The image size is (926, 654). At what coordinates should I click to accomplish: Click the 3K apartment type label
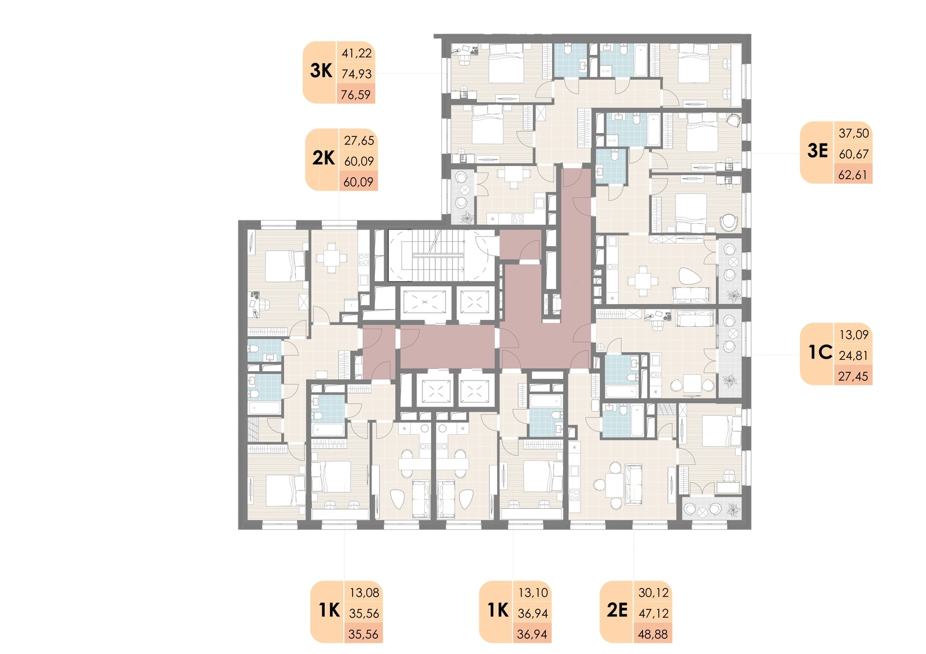pyautogui.click(x=321, y=71)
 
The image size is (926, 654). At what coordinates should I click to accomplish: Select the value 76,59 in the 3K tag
pyautogui.click(x=356, y=95)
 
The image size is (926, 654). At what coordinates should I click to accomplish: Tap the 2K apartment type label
pyautogui.click(x=324, y=158)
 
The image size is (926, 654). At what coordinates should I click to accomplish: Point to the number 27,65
pyautogui.click(x=359, y=141)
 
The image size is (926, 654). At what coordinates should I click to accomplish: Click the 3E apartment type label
pyautogui.click(x=818, y=151)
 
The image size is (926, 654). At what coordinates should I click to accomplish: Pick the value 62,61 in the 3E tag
pyautogui.click(x=853, y=175)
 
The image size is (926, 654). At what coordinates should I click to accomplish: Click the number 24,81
pyautogui.click(x=853, y=355)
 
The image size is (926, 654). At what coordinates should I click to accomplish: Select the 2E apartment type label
pyautogui.click(x=617, y=610)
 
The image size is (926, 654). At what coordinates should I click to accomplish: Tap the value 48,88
pyautogui.click(x=653, y=634)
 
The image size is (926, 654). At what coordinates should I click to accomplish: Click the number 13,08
pyautogui.click(x=364, y=593)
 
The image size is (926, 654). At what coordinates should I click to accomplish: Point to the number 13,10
pyautogui.click(x=533, y=593)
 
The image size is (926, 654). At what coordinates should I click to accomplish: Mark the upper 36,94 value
pyautogui.click(x=533, y=614)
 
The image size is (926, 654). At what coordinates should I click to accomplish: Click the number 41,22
pyautogui.click(x=357, y=53)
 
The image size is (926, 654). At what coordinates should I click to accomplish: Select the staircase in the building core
pyautogui.click(x=440, y=256)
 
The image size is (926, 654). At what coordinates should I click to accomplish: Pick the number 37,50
pyautogui.click(x=854, y=134)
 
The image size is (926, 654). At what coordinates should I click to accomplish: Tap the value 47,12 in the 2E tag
pyautogui.click(x=653, y=614)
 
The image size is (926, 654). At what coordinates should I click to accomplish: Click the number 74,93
pyautogui.click(x=357, y=74)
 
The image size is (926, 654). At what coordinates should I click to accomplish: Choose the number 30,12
pyautogui.click(x=653, y=593)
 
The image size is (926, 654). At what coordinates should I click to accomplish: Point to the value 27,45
pyautogui.click(x=853, y=376)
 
